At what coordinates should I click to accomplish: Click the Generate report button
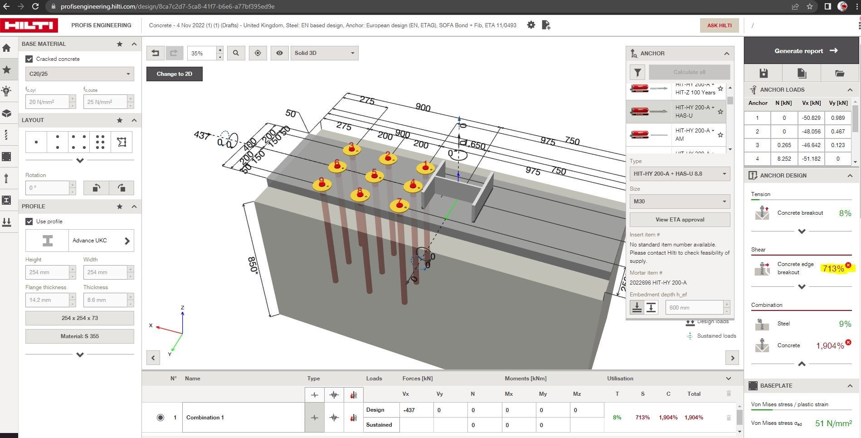click(801, 51)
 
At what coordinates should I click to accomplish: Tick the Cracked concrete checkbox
click(29, 59)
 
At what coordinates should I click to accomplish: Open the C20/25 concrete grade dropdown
click(79, 74)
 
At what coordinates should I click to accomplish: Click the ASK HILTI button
click(719, 25)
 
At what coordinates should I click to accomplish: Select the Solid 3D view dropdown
click(324, 53)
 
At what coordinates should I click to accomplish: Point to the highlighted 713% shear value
click(833, 269)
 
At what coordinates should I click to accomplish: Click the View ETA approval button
click(679, 220)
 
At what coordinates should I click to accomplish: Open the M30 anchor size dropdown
click(679, 202)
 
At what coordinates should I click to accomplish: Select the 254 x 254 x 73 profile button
click(79, 318)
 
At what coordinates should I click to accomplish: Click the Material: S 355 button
click(79, 336)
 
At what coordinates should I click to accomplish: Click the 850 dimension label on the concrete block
click(253, 265)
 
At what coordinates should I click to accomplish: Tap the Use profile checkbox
click(29, 221)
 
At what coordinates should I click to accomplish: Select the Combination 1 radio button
click(161, 418)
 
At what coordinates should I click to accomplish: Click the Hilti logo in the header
click(29, 25)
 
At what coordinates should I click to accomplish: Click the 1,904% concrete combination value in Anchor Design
click(830, 346)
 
